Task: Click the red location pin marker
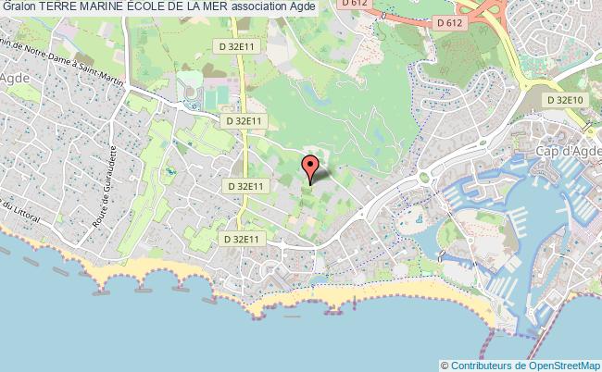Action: tap(310, 168)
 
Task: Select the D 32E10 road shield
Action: tap(565, 99)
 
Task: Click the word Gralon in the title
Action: tap(19, 6)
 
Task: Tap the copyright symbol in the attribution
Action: tap(445, 365)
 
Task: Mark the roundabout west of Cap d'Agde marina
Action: tap(426, 177)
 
